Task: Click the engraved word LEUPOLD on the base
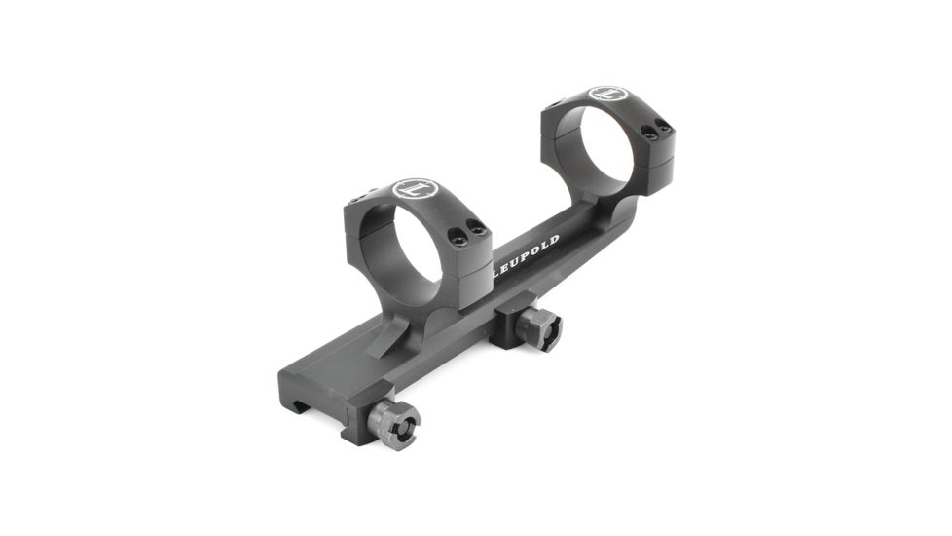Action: coord(525,256)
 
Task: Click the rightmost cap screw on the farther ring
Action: coord(666,124)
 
